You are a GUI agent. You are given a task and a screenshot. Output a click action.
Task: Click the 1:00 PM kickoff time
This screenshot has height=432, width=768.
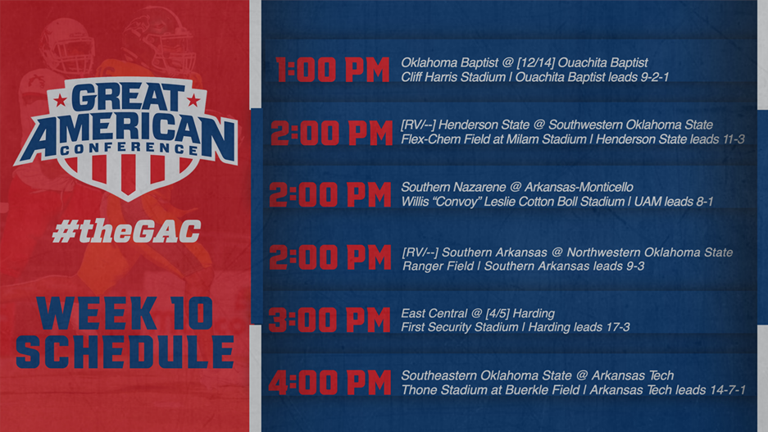333,70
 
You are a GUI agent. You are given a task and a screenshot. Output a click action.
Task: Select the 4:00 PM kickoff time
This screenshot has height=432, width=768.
329,383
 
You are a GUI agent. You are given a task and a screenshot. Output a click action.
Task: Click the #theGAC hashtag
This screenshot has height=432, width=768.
125,231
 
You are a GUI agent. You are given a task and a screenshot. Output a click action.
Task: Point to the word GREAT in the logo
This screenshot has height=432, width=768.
126,98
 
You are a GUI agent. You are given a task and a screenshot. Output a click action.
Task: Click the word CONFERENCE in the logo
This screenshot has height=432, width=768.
125,149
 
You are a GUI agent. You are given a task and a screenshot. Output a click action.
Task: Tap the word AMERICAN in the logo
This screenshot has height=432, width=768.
125,127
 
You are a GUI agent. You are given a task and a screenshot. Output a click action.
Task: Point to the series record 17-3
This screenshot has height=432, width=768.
615,328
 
